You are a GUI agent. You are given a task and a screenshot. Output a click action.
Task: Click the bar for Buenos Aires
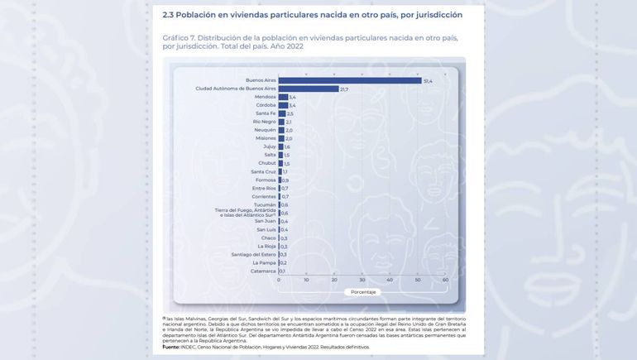point(350,80)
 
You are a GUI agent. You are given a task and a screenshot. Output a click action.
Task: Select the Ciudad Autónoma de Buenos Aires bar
point(309,89)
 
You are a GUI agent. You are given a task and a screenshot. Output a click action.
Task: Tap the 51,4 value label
point(428,80)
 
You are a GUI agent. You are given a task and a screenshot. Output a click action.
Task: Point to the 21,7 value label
point(344,89)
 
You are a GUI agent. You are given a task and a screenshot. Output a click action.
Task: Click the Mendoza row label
point(265,97)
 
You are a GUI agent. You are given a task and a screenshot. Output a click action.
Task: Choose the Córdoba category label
point(265,105)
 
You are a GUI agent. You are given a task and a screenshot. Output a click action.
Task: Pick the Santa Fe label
point(265,113)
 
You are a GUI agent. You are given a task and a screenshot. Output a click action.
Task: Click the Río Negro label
point(264,122)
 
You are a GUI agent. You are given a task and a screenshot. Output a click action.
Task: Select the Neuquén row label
point(264,130)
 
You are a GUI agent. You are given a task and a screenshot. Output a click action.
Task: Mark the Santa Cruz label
point(263,171)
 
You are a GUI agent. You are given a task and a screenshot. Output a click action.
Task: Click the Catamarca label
point(262,271)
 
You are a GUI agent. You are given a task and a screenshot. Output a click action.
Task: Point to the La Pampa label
point(264,262)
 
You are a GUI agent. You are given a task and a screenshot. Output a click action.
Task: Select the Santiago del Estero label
point(254,254)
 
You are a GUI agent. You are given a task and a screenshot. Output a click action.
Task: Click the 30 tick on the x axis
point(362,280)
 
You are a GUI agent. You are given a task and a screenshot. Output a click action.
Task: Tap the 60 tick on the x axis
point(446,280)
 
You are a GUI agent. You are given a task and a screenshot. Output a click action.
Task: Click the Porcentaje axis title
point(362,292)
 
